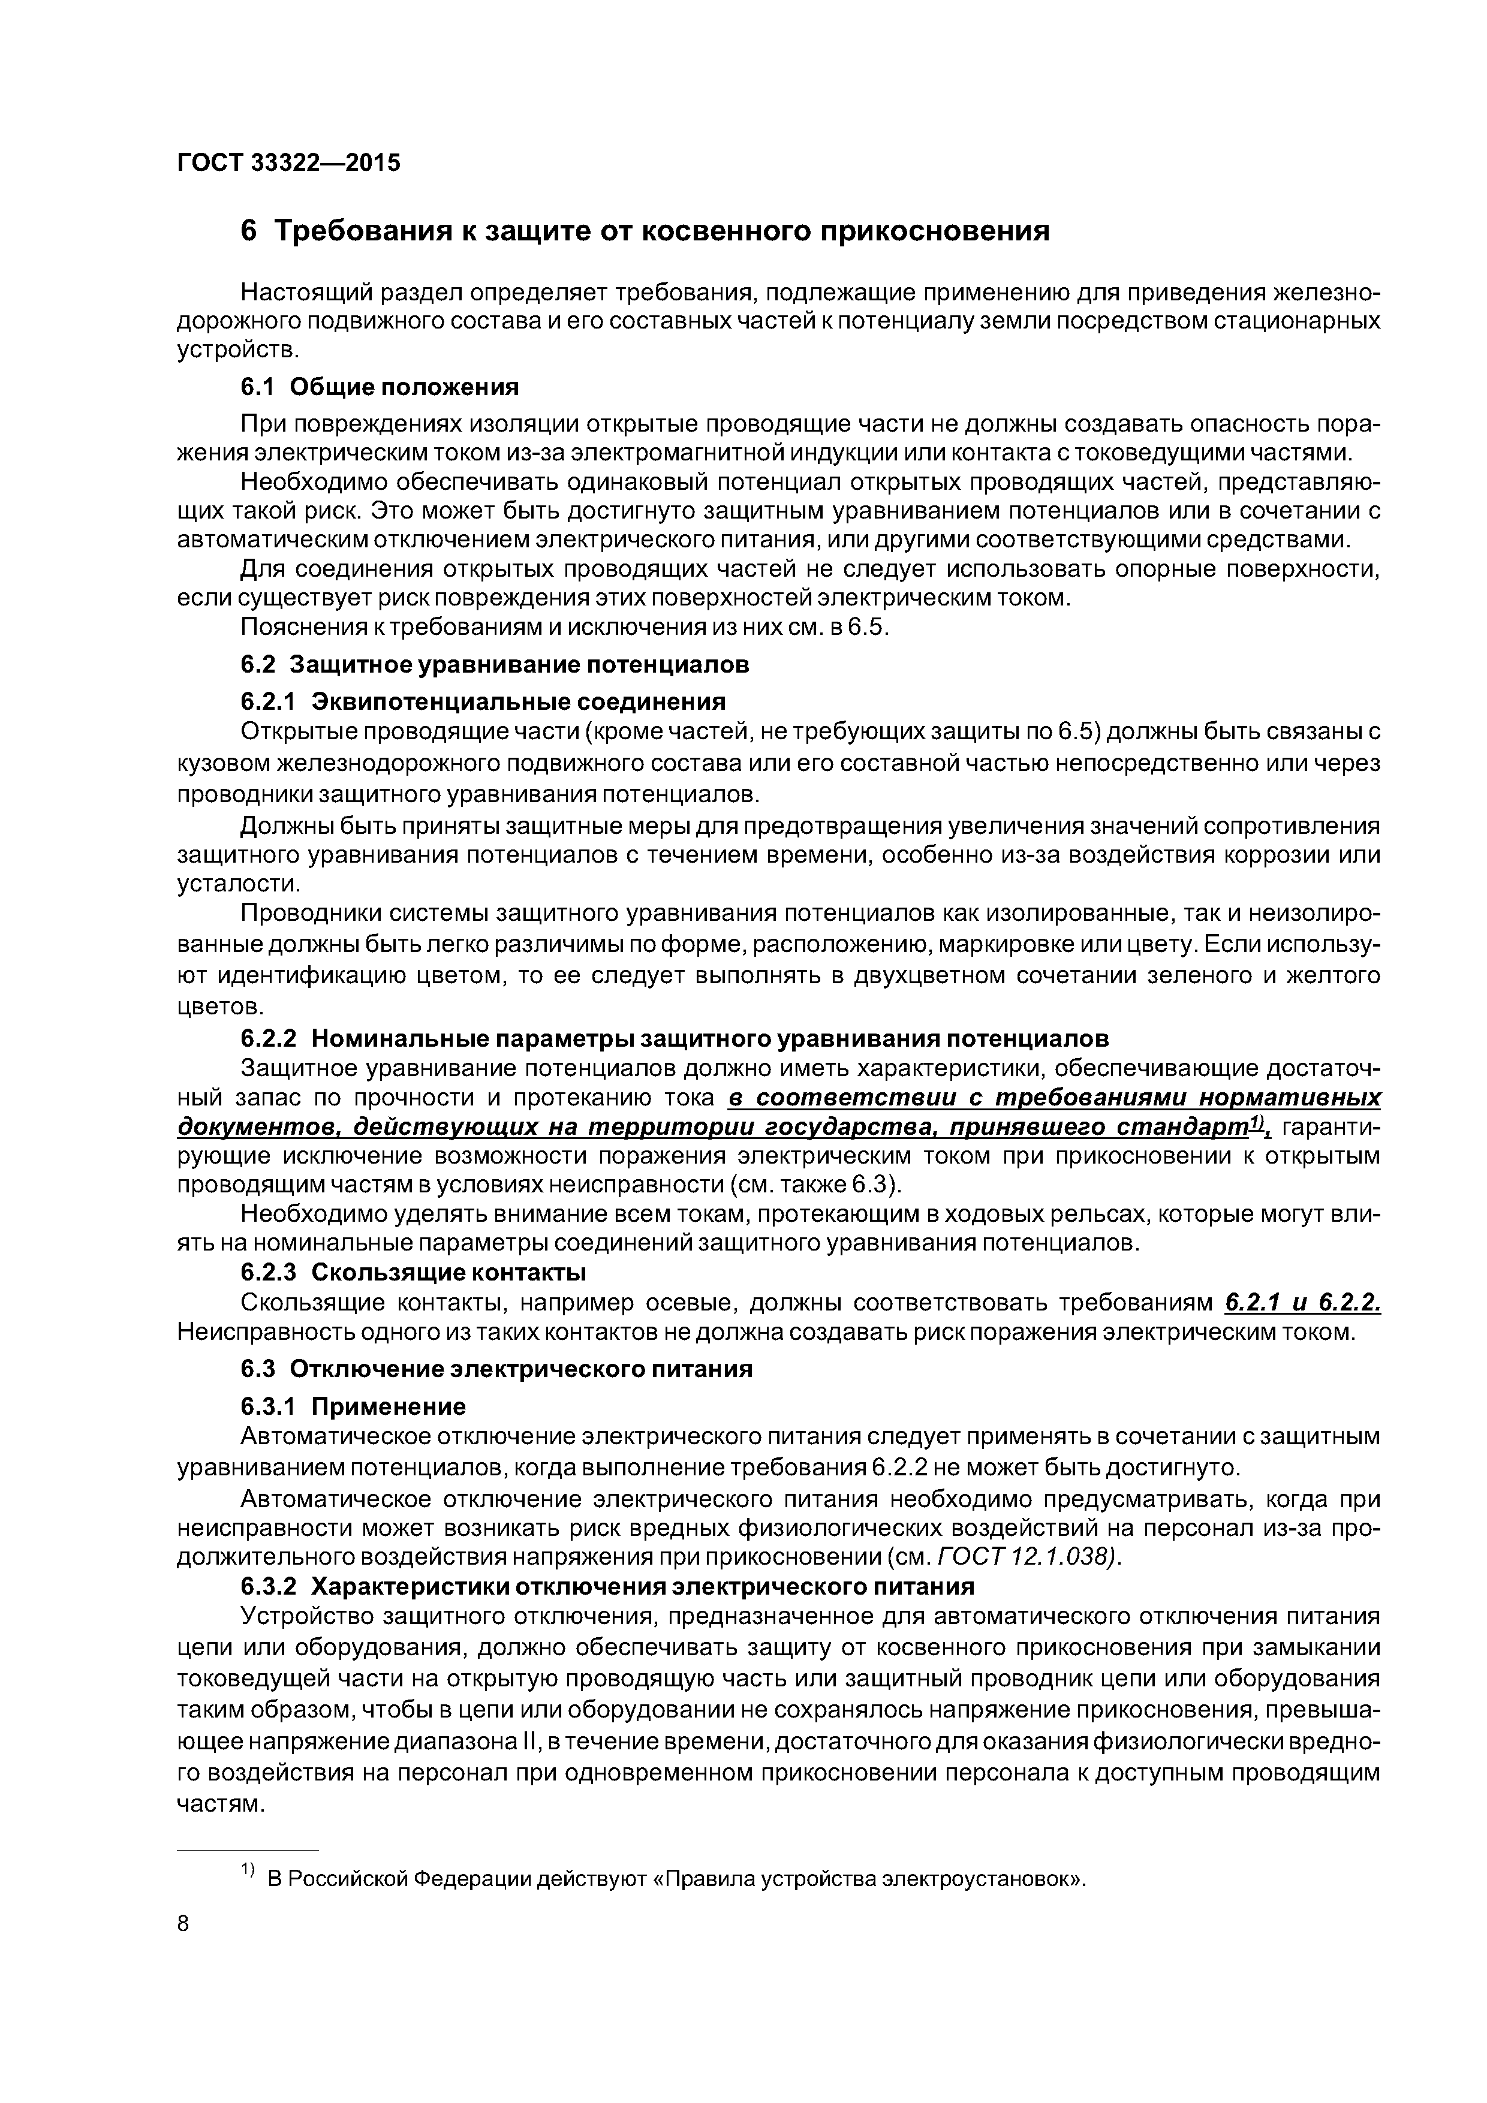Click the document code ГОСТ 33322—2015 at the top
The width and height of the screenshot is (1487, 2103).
pos(288,163)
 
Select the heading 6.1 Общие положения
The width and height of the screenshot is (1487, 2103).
pos(380,387)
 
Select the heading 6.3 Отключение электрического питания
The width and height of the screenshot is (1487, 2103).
pos(496,1369)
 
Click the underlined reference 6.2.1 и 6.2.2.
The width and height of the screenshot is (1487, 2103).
pos(1302,1303)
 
